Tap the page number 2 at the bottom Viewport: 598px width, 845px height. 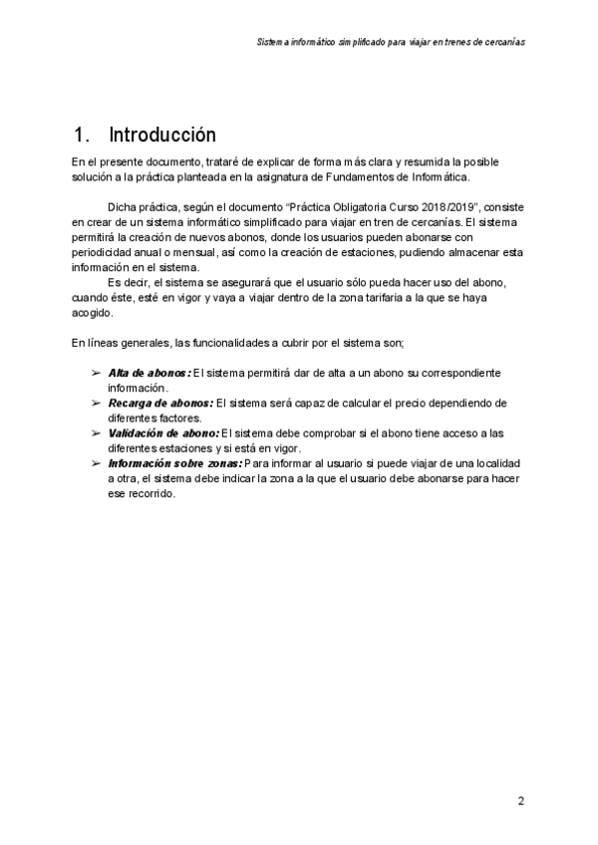tap(520, 801)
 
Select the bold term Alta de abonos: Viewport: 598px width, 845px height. tap(149, 373)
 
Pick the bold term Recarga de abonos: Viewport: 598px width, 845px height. tap(159, 404)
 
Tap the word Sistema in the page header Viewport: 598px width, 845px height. tap(270, 44)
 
